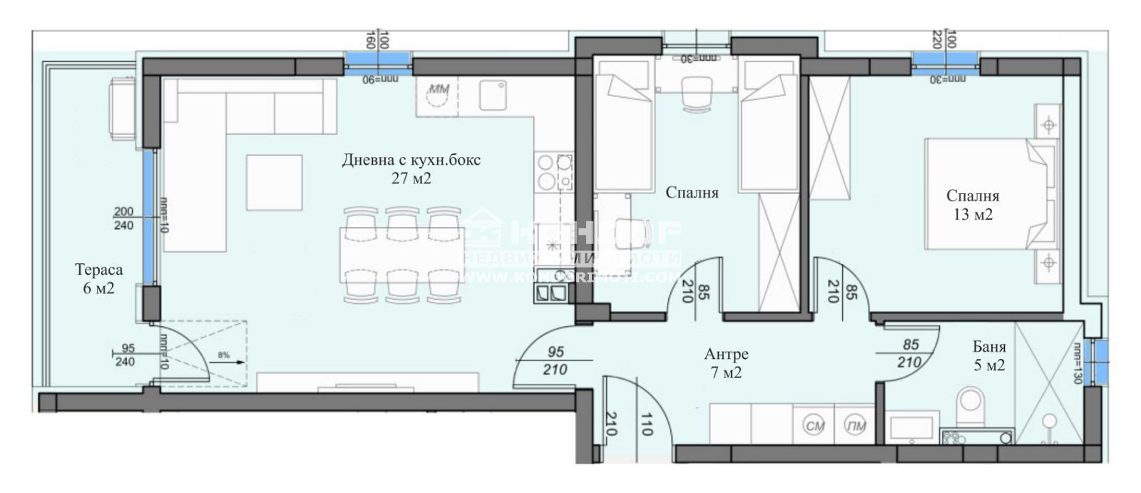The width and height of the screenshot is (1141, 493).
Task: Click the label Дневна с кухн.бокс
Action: [411, 160]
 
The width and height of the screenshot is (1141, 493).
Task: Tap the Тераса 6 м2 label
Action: [98, 279]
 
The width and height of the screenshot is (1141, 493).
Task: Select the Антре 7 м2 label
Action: [726, 362]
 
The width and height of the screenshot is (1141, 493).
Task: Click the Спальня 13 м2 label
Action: [973, 205]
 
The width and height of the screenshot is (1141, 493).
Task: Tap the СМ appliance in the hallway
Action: [814, 427]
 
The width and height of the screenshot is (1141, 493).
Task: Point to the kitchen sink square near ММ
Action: [493, 94]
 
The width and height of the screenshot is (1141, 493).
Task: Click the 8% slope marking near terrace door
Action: [224, 354]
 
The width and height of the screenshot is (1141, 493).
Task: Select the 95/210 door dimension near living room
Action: [556, 360]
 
